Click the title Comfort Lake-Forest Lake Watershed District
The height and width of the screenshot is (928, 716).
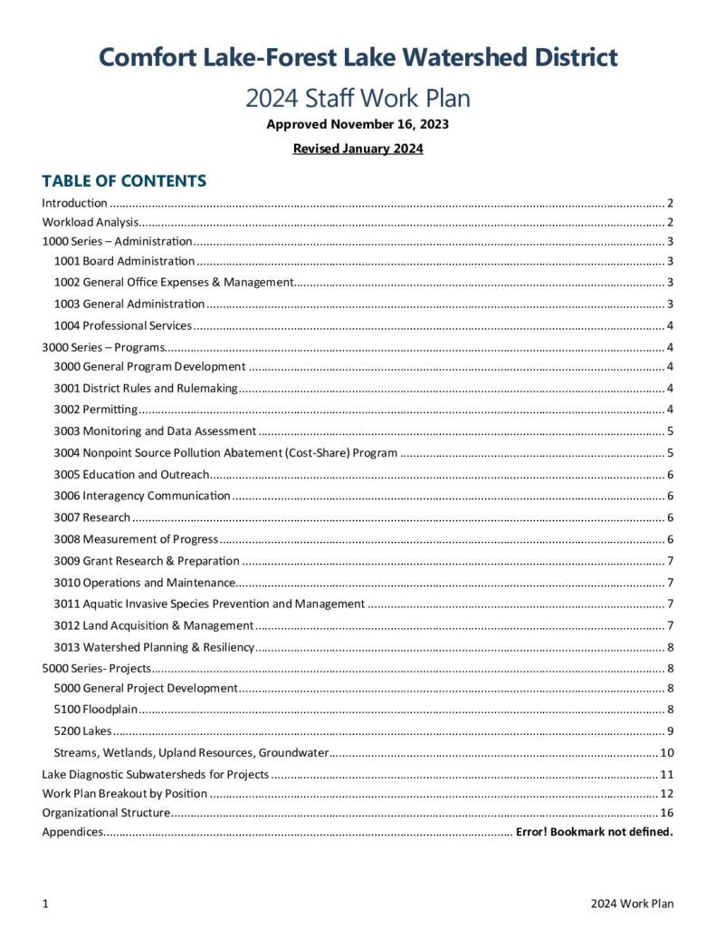358,57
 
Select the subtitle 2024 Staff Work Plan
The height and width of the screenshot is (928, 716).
358,97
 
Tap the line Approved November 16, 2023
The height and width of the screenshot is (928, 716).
358,124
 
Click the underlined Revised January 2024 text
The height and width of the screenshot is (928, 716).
358,148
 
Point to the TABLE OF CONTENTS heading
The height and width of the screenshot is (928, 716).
124,180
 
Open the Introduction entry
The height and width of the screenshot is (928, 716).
75,203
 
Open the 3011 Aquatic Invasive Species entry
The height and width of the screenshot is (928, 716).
209,604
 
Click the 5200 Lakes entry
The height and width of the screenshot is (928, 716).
83,730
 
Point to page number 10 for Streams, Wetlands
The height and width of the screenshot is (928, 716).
667,752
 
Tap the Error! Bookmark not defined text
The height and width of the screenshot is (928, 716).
595,832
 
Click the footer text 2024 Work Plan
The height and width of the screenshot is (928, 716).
632,904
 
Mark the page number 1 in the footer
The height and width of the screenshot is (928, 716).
45,904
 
